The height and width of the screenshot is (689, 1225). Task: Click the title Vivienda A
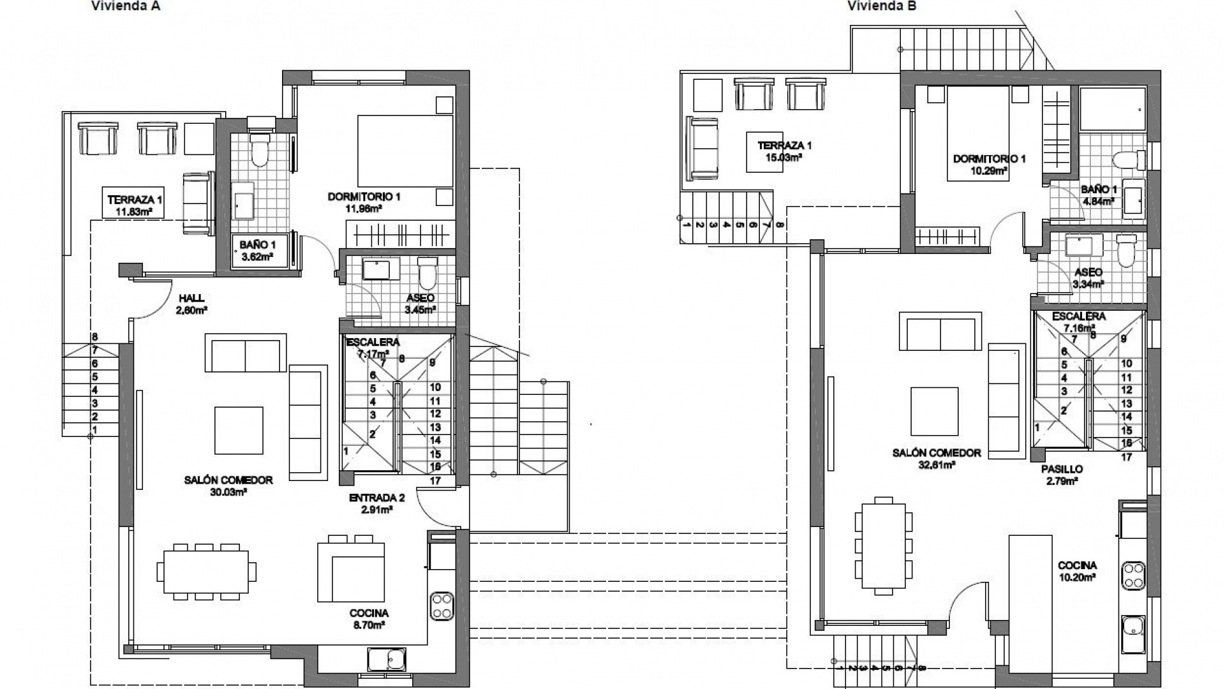pyautogui.click(x=126, y=6)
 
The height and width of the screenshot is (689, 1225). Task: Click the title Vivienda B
pyautogui.click(x=882, y=6)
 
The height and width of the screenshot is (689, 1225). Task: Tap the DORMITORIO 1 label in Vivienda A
pyautogui.click(x=364, y=196)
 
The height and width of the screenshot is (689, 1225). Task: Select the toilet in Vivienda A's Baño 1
pyautogui.click(x=260, y=150)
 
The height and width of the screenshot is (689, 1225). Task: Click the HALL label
pyautogui.click(x=191, y=298)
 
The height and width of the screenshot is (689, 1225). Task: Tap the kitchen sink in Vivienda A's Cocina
pyautogui.click(x=387, y=660)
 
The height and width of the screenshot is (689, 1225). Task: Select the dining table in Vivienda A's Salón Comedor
pyautogui.click(x=206, y=571)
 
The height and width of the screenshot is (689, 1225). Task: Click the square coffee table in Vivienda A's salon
pyautogui.click(x=239, y=431)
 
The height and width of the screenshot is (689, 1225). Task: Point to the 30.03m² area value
pyautogui.click(x=228, y=493)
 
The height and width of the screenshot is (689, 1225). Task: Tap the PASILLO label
pyautogui.click(x=1062, y=469)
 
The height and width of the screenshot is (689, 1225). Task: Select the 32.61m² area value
pyautogui.click(x=936, y=465)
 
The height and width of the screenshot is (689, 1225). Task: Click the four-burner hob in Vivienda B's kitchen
pyautogui.click(x=1134, y=575)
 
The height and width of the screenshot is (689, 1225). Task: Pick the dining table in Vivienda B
pyautogui.click(x=884, y=546)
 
